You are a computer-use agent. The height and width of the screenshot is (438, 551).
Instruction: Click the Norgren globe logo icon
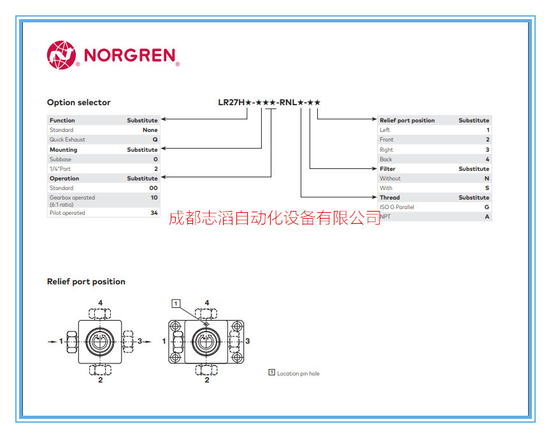(61, 55)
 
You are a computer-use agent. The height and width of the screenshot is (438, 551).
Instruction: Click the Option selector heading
(78, 102)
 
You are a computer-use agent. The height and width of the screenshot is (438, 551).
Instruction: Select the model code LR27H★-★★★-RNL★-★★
(269, 102)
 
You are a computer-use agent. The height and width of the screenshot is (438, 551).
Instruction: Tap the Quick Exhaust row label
(67, 140)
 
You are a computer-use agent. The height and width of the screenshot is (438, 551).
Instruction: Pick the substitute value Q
(155, 140)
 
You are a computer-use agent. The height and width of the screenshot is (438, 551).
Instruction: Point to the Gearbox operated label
(72, 198)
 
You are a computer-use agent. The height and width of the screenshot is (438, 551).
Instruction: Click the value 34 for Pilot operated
(154, 213)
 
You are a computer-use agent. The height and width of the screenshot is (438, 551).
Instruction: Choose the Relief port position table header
(407, 120)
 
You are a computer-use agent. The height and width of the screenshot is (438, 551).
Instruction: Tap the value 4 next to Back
(487, 159)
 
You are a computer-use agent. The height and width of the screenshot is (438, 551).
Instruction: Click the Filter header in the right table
(387, 169)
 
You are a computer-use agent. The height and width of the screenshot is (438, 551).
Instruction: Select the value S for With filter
(487, 188)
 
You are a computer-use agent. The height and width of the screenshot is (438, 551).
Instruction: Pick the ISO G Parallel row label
(397, 207)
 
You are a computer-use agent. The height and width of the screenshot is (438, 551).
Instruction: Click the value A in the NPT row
(487, 217)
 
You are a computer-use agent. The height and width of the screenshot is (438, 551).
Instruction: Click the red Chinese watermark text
(275, 219)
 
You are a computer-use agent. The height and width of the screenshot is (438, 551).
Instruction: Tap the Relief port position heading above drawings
(86, 281)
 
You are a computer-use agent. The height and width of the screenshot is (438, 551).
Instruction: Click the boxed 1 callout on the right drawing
(176, 303)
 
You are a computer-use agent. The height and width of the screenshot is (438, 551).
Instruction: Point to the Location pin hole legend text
(298, 374)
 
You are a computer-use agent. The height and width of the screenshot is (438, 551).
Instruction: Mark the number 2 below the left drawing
(101, 381)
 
